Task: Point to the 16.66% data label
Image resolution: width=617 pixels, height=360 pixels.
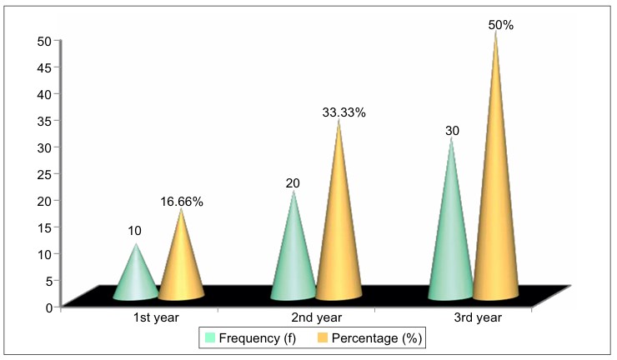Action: (x=182, y=202)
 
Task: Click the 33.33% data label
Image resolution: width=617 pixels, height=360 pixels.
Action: (x=344, y=112)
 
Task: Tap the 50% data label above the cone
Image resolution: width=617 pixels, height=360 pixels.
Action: (x=501, y=25)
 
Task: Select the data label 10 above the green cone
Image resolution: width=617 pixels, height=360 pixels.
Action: (x=134, y=231)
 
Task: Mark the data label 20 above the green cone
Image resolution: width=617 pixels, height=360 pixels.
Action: (x=293, y=183)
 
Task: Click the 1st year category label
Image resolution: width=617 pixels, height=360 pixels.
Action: (x=156, y=317)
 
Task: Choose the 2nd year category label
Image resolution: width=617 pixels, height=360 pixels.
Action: (x=317, y=317)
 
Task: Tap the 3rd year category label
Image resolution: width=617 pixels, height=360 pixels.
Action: (x=478, y=317)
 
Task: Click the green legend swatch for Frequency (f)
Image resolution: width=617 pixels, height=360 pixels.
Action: (x=210, y=337)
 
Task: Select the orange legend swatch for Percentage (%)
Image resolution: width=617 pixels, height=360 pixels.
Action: (x=323, y=337)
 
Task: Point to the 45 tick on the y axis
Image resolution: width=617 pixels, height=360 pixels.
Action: (x=44, y=67)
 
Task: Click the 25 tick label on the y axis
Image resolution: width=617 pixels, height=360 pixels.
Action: (x=44, y=174)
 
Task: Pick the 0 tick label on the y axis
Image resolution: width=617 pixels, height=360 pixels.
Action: (x=49, y=307)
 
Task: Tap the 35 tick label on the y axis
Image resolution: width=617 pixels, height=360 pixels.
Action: (x=44, y=121)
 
